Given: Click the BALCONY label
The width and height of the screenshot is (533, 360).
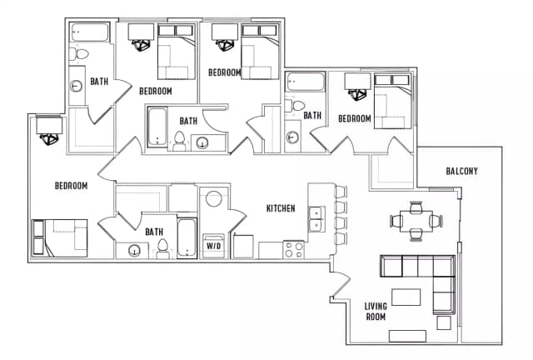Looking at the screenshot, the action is click(x=461, y=171).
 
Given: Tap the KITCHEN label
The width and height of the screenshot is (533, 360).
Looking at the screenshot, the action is click(x=281, y=208).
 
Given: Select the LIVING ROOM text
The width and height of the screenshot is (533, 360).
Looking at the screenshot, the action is click(x=376, y=312).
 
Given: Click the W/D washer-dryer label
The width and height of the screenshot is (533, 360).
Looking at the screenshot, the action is click(x=214, y=246).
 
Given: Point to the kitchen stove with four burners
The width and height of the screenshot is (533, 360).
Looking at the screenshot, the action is click(x=294, y=249).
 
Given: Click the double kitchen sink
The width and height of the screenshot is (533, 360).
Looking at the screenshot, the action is click(x=316, y=219).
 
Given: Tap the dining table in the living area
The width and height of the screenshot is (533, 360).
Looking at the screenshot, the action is click(x=416, y=221).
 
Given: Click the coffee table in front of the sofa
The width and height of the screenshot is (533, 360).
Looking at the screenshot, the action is click(x=406, y=297).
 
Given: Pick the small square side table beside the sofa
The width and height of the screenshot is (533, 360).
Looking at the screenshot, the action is click(x=444, y=322).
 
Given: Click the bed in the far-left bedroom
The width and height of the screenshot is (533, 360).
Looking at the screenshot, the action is click(x=60, y=237).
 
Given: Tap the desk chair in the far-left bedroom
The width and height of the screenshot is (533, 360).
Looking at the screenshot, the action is click(x=49, y=139).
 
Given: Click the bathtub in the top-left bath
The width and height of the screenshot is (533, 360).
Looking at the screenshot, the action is click(x=90, y=32).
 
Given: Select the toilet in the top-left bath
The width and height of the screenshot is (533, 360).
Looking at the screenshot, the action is click(x=79, y=54).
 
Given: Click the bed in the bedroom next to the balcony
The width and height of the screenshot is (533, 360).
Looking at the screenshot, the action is click(x=393, y=102).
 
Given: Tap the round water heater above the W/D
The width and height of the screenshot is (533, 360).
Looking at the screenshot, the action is click(x=214, y=198).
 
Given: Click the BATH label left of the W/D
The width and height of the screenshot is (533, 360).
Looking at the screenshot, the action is click(x=154, y=232).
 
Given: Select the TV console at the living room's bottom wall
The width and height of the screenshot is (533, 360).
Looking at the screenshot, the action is click(x=407, y=336).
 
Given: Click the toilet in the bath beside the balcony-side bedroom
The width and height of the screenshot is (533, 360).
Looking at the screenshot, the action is click(x=295, y=106).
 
